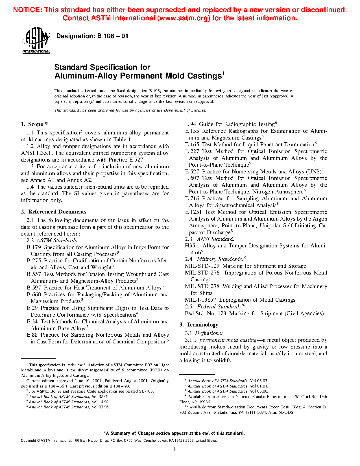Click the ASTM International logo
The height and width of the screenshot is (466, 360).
pyautogui.click(x=36, y=40)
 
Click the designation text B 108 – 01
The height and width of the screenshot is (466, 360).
pyautogui.click(x=92, y=36)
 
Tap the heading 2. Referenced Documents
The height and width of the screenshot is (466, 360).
pyautogui.click(x=54, y=212)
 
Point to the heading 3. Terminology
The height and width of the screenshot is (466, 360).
pyautogui.click(x=199, y=325)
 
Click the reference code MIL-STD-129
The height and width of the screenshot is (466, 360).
pyautogui.click(x=202, y=266)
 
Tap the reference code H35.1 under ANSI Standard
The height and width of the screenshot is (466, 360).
pyautogui.click(x=192, y=246)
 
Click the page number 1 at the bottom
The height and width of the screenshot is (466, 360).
pyautogui.click(x=174, y=449)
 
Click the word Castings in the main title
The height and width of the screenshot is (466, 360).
pyautogui.click(x=204, y=76)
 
